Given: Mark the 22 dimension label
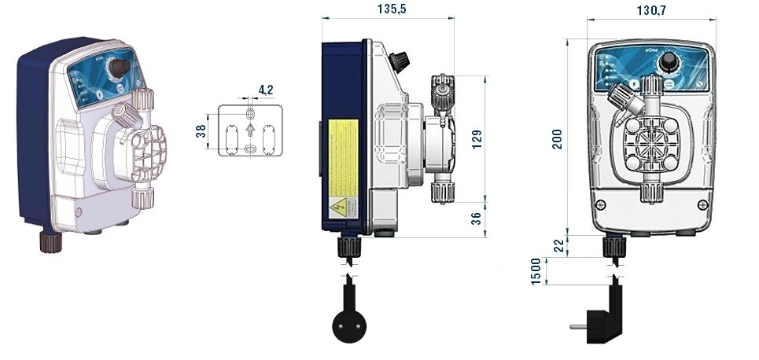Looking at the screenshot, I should click(x=558, y=246).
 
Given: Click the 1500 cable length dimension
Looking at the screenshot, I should click(x=536, y=271).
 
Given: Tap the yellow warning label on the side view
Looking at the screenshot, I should click(x=343, y=158).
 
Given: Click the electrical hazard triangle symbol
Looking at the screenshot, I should click(x=338, y=208).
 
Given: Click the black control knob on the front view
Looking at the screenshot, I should click(x=670, y=62).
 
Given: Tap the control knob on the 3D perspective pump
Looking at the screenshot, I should click(x=119, y=68).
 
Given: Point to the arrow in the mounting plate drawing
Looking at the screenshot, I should click(x=250, y=130).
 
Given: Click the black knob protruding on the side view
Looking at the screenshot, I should click(x=400, y=61).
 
